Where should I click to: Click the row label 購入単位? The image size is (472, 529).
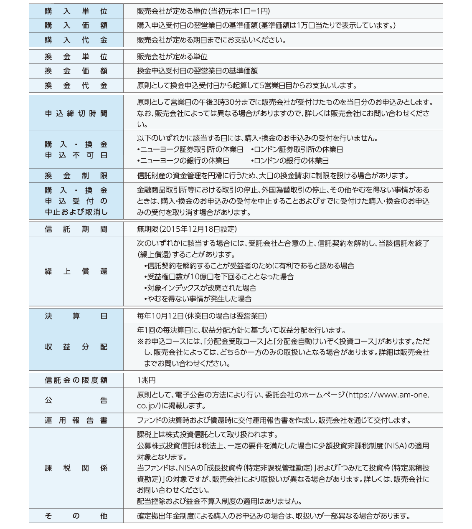76,11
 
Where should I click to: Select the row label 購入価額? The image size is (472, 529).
76,25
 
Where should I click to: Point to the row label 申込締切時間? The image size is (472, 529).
76,114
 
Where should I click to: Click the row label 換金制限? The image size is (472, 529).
76,176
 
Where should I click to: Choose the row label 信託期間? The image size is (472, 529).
76,229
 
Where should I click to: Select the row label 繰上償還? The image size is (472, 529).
76,271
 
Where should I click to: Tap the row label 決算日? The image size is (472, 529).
76,316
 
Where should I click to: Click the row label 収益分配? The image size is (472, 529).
76,347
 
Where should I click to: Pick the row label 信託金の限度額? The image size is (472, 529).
76,380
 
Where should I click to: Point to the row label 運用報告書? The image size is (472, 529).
76,420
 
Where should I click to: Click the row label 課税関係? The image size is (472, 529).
76,468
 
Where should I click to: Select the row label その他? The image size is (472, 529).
76,516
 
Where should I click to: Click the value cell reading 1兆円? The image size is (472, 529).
146,380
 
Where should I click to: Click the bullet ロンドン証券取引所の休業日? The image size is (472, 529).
297,149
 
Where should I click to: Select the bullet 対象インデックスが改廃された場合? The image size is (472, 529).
200,288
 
